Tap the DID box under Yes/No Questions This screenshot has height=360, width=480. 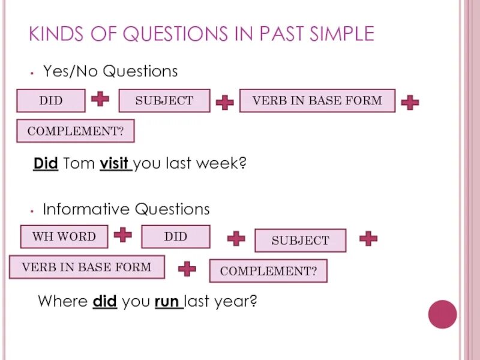point(51,101)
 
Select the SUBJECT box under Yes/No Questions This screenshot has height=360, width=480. point(164,101)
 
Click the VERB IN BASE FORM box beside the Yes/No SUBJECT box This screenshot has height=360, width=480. point(317,101)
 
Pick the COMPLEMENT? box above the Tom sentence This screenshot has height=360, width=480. point(76,131)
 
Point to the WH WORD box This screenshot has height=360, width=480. point(64,236)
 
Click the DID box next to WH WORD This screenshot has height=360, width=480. point(176,236)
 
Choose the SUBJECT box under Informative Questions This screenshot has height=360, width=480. point(301,241)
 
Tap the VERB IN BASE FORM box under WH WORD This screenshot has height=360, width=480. point(87,267)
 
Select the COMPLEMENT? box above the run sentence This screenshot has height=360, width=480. point(268,271)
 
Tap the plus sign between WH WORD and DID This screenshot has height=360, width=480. point(123,235)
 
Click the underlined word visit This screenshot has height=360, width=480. point(115,163)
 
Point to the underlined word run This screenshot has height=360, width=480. point(168,301)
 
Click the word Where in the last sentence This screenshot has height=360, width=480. point(63,301)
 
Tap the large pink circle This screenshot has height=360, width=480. point(443,314)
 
